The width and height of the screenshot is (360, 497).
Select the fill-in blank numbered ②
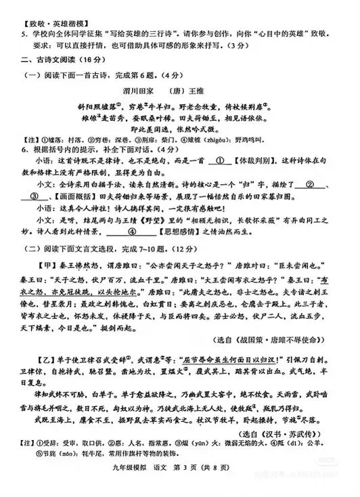(x=312, y=183)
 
